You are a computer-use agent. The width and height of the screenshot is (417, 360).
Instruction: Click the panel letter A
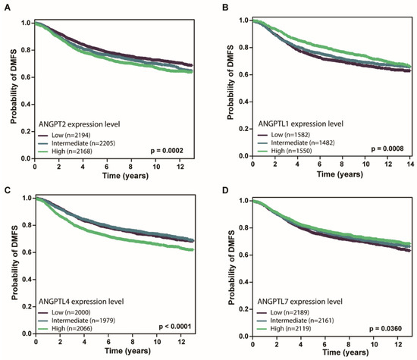(5, 6)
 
